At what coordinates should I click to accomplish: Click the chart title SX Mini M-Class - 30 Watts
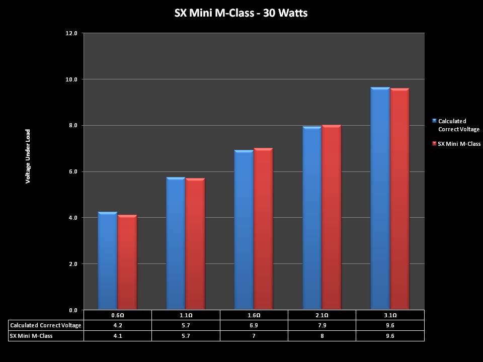[x=241, y=13]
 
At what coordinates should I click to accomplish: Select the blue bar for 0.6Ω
[x=107, y=261]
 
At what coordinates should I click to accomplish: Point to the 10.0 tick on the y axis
[x=71, y=79]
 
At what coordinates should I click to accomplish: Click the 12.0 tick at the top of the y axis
[x=71, y=33]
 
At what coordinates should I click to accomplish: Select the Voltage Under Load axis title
[x=28, y=156]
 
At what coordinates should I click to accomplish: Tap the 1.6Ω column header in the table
[x=254, y=315]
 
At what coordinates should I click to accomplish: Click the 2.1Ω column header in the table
[x=322, y=315]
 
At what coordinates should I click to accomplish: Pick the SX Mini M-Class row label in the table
[x=31, y=335]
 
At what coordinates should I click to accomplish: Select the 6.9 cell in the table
[x=254, y=325]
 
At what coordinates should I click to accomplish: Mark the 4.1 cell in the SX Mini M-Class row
[x=117, y=335]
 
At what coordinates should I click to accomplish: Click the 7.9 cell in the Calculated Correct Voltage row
[x=322, y=325]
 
